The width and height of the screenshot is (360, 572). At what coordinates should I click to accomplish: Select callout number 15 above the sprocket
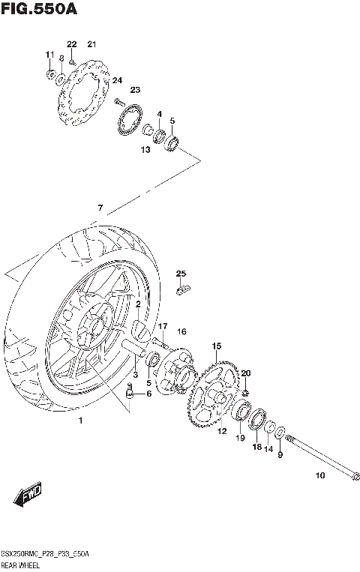pos(216,346)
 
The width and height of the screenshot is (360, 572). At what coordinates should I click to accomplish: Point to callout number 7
pos(99,208)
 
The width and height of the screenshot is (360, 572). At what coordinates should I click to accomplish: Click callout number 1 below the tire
pos(81,421)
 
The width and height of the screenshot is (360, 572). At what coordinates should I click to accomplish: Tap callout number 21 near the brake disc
pos(91,43)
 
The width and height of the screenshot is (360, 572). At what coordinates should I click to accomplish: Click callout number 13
pos(145,150)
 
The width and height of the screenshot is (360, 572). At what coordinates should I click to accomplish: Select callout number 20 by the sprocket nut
pos(245,373)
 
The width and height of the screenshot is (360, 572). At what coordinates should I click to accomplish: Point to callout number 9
pos(280,454)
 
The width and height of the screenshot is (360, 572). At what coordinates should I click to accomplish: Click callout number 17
pos(162,326)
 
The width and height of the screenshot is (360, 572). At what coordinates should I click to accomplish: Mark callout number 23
pos(135,90)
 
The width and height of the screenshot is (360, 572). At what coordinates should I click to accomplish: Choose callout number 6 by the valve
pos(148,394)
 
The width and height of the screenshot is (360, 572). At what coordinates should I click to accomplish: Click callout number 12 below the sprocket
pos(222,431)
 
